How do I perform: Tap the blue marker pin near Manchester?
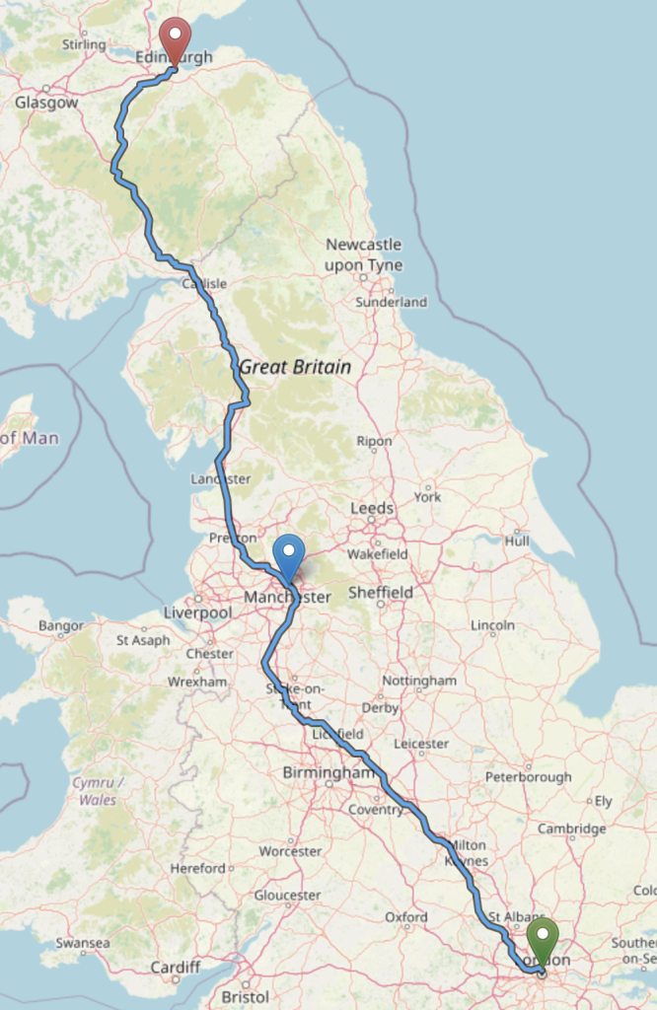[x=289, y=556]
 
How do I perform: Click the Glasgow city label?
[x=46, y=103]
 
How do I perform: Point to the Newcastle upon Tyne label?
[x=364, y=254]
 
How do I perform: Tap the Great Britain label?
[x=295, y=367]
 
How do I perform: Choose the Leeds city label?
[x=372, y=508]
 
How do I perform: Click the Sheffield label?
[x=381, y=592]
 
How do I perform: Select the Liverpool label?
[x=197, y=613]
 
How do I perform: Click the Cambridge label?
[x=571, y=829]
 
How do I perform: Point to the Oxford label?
[x=406, y=917]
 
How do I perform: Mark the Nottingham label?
[x=419, y=681]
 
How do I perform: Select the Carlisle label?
[x=204, y=284]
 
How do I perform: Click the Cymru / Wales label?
[x=97, y=791]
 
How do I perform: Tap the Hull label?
[x=517, y=541]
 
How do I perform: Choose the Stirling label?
[x=84, y=44]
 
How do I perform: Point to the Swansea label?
[x=83, y=943]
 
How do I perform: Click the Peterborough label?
[x=528, y=777]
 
